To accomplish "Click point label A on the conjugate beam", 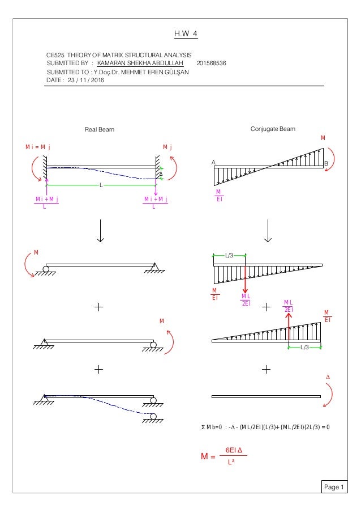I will point(214,162).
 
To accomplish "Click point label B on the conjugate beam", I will point(325,163).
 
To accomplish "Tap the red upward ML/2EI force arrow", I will point(289,326).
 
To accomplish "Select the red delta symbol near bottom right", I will point(326,378).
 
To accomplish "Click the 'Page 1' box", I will point(335,487).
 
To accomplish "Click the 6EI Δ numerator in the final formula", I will point(231,450).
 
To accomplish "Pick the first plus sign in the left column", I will point(100,307).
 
